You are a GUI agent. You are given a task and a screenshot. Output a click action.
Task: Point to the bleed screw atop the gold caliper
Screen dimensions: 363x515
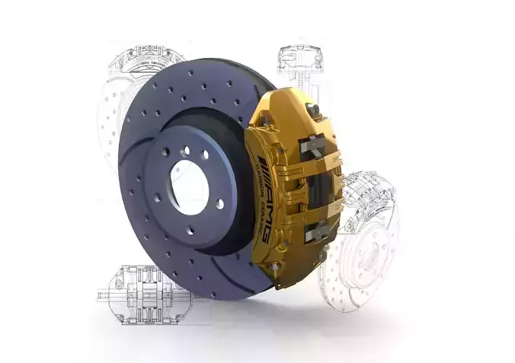[x=312, y=111]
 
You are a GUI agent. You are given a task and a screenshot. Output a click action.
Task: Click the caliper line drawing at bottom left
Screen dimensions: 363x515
[x=141, y=294]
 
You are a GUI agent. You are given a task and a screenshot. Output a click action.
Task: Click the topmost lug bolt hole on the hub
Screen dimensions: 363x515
[x=185, y=151]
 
